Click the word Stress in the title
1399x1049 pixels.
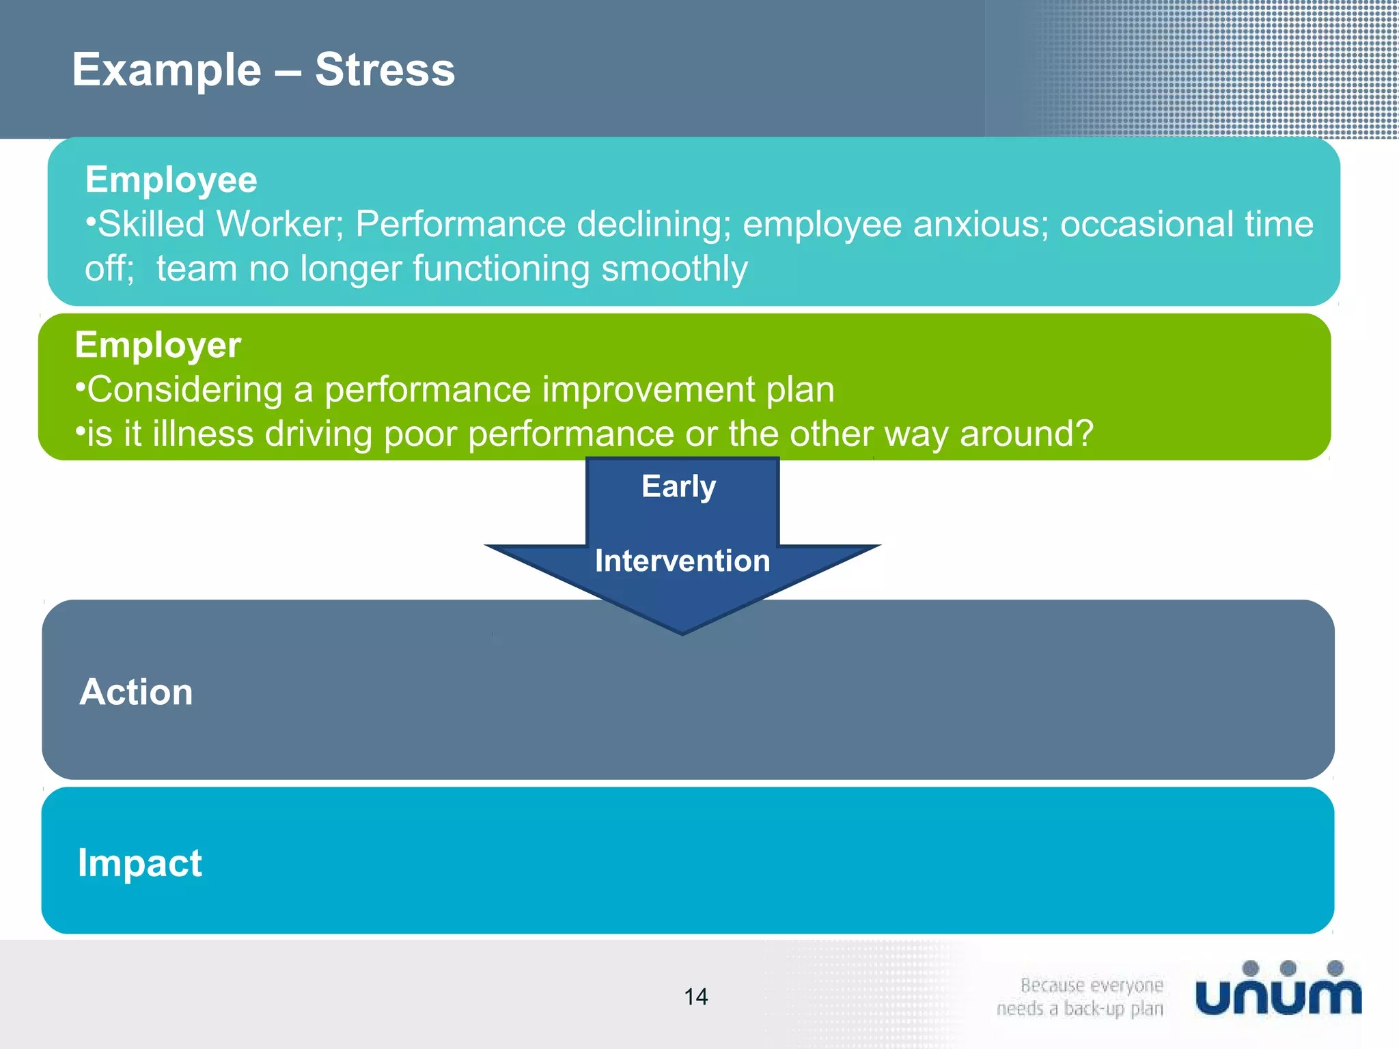[x=385, y=70]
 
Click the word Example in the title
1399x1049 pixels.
[x=167, y=70]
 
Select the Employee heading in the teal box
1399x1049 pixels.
[x=171, y=180]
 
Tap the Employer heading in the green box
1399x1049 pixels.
[x=158, y=345]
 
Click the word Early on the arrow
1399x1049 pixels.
[x=678, y=486]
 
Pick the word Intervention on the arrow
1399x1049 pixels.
[x=682, y=561]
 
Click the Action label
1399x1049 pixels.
[x=137, y=692]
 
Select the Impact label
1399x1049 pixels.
[x=140, y=863]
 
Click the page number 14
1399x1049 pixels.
[x=696, y=997]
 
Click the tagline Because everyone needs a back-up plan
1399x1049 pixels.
[x=1081, y=997]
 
